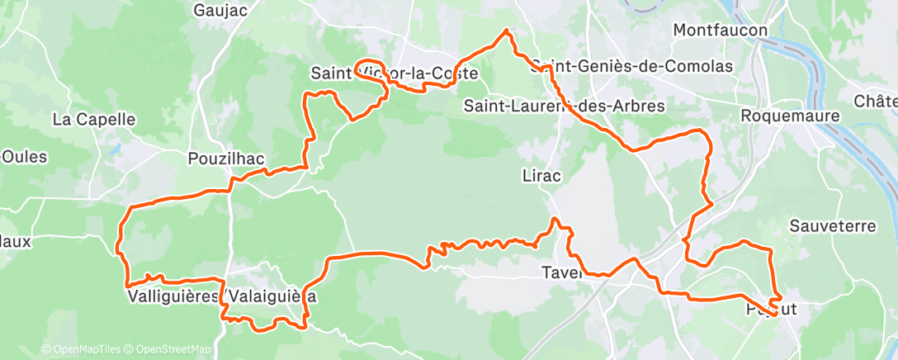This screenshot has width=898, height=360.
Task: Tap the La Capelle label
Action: [93, 119]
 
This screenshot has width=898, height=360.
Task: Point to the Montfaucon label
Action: [721, 31]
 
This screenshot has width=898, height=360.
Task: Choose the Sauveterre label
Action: [829, 225]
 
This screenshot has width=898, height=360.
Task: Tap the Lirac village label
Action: [541, 175]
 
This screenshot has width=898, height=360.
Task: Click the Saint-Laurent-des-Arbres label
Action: [564, 106]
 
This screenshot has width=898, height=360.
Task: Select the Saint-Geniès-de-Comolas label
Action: [632, 66]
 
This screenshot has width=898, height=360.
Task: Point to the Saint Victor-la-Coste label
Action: [394, 73]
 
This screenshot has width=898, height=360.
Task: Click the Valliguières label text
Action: [173, 296]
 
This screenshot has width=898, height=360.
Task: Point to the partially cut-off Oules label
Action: [24, 157]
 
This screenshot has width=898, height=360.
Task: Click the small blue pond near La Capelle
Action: [118, 149]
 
